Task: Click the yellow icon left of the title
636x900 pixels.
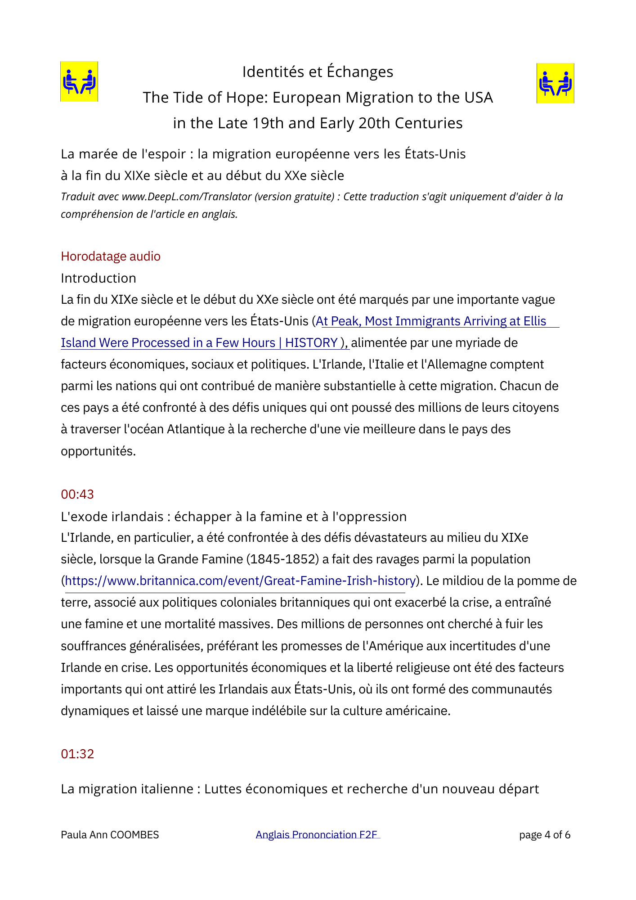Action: [79, 81]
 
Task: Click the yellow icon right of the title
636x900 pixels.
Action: [555, 83]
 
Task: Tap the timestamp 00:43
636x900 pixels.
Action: [77, 494]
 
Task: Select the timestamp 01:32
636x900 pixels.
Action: [77, 754]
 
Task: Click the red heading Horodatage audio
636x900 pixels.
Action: [111, 256]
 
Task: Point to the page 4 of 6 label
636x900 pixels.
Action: [545, 835]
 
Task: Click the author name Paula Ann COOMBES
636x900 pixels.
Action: [110, 835]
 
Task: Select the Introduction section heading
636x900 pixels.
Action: [99, 278]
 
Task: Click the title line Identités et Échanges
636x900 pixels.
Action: [318, 72]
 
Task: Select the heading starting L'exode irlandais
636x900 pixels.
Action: [233, 516]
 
